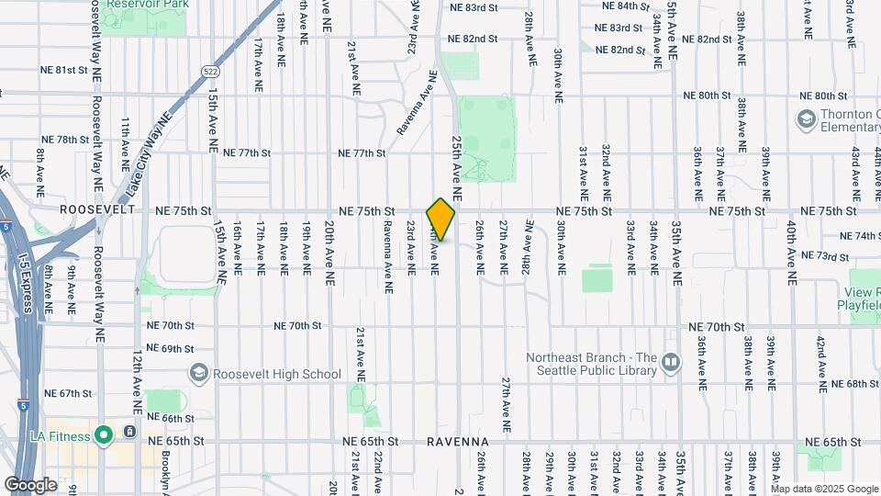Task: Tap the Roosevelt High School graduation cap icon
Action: point(197,373)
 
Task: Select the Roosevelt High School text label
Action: point(276,374)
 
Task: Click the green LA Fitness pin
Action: point(105,434)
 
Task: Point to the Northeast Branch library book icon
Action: point(671,363)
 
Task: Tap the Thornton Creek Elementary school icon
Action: point(806,119)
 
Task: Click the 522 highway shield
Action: point(210,71)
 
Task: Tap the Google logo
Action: point(30,484)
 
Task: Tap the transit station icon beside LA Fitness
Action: point(131,432)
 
